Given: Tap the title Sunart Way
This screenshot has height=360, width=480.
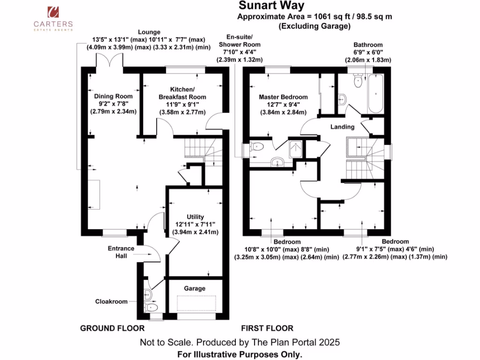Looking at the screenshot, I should coord(271,6).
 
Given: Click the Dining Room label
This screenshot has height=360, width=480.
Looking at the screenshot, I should coord(111,96).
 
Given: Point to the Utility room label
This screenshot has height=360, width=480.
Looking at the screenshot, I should coord(195,217).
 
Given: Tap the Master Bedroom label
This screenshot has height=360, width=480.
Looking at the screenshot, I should coord(283,97).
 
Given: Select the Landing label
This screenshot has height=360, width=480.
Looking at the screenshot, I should coord(342,127).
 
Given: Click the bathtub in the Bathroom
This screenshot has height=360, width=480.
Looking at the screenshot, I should coord(375,94).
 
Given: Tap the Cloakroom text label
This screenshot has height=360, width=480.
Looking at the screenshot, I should coord(111,301).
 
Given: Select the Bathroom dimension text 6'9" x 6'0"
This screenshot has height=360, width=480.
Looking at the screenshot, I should coord(368,52).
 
